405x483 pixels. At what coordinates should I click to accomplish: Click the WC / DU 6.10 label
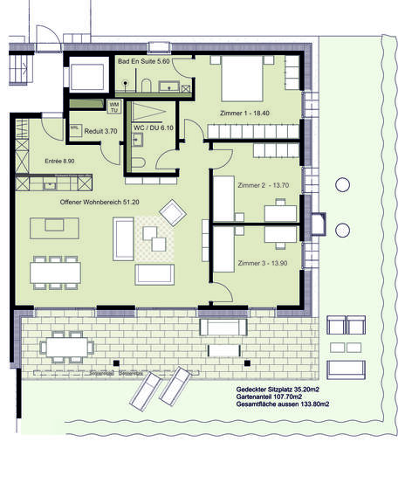pos(152,128)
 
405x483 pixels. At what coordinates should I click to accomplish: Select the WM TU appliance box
pos(114,106)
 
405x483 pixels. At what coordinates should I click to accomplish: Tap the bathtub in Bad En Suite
pos(88,78)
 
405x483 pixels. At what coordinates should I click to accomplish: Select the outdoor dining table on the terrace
pos(66,348)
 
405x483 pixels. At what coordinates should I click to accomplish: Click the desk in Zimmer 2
pos(280,211)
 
